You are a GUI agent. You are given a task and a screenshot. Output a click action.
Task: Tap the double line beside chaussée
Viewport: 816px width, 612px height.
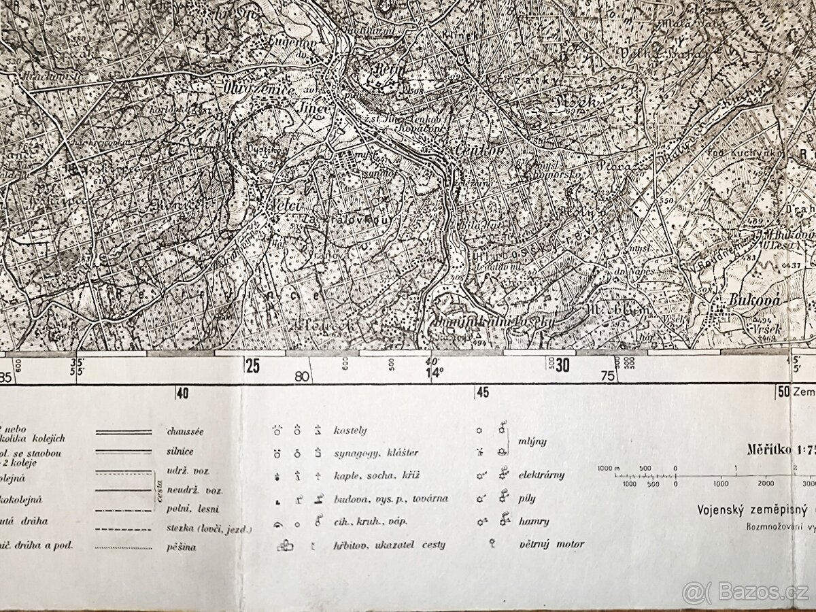[x=123, y=432]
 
